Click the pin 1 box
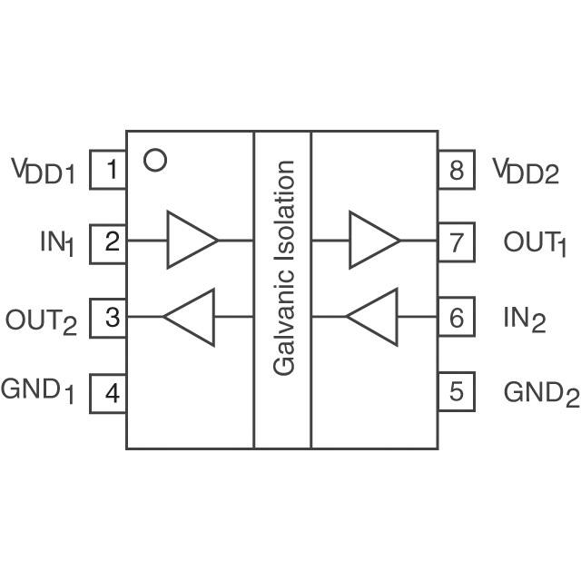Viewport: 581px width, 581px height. click(108, 170)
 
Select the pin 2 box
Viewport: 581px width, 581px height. click(108, 241)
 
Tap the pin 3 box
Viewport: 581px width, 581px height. click(108, 318)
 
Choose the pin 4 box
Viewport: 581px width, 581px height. click(108, 393)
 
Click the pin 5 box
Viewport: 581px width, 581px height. click(456, 391)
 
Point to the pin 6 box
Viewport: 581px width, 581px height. click(456, 318)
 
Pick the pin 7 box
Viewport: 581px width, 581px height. click(456, 242)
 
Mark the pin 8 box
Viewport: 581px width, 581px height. click(456, 170)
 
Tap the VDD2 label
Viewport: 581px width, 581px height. click(526, 171)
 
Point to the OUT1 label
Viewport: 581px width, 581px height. click(535, 243)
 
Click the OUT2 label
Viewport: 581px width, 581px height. click(42, 320)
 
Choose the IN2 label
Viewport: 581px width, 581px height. click(525, 320)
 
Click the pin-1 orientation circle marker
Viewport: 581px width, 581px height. click(155, 161)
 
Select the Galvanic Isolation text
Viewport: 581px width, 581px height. click(284, 268)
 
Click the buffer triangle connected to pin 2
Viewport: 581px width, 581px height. click(191, 241)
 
